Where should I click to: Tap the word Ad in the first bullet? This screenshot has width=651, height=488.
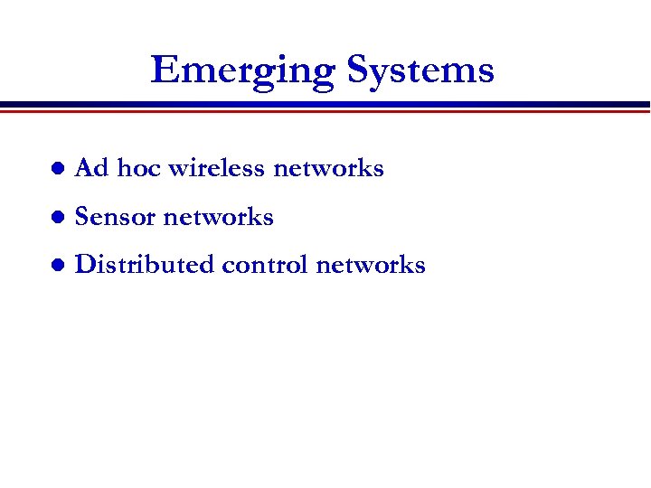(x=91, y=168)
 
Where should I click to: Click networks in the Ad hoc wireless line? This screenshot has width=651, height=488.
(x=328, y=168)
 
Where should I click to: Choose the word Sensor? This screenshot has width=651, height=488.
(x=116, y=217)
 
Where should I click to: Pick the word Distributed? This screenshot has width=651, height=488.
(x=145, y=265)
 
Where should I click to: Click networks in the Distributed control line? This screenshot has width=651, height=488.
(x=370, y=265)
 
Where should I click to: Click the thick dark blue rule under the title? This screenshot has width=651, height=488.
(x=325, y=104)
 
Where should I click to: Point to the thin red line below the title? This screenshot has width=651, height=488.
(x=325, y=111)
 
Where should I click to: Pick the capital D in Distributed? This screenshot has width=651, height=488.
(x=86, y=265)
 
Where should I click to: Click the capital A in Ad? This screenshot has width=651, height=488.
(x=84, y=168)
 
